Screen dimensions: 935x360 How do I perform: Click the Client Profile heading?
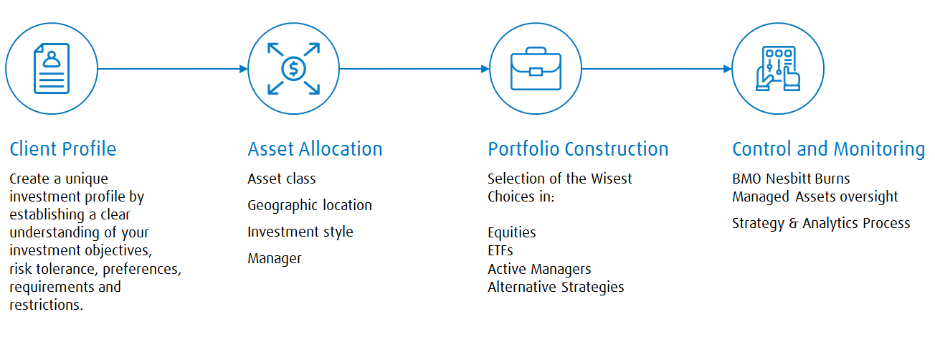(x=62, y=149)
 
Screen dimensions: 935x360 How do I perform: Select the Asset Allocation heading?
(x=315, y=149)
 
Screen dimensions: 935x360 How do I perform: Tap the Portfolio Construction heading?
(x=578, y=149)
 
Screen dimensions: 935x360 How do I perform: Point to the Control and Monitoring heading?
(x=829, y=149)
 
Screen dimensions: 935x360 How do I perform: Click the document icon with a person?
(x=52, y=69)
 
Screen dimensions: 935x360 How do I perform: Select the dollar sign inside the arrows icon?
(x=294, y=69)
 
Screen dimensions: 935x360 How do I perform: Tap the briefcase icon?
(x=536, y=69)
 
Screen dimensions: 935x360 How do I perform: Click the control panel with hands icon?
(x=778, y=69)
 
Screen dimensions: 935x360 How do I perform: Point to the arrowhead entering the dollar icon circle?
(x=244, y=69)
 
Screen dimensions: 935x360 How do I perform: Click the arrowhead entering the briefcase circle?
(x=485, y=69)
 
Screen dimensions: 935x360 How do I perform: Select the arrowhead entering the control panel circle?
(x=728, y=69)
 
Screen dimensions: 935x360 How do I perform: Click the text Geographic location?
(x=310, y=206)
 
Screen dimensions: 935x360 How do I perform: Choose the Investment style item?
(x=300, y=232)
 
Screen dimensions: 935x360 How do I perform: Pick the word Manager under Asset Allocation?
(x=275, y=258)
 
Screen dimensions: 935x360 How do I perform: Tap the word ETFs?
(x=500, y=250)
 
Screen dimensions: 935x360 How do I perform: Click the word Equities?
(x=512, y=232)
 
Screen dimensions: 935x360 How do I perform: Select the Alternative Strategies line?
(x=556, y=288)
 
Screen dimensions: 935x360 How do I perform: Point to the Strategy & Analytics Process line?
(x=821, y=224)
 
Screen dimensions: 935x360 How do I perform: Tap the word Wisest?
(x=612, y=179)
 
